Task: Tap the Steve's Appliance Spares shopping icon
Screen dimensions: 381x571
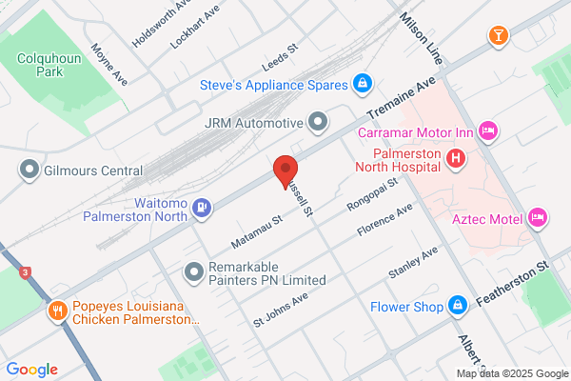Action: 362,84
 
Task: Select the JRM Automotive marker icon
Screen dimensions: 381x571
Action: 318,122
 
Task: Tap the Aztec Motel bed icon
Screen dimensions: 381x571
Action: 537,219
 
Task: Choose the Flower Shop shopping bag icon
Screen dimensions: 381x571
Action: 458,306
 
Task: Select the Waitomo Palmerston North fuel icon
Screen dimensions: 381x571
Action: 201,207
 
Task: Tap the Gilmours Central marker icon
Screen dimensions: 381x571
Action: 28,170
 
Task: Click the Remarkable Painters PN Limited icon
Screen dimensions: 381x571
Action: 194,272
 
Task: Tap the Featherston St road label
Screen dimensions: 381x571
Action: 515,277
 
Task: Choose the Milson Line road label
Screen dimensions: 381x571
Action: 423,32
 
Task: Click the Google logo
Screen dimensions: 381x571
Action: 31,370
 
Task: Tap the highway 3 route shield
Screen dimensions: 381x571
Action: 25,272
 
